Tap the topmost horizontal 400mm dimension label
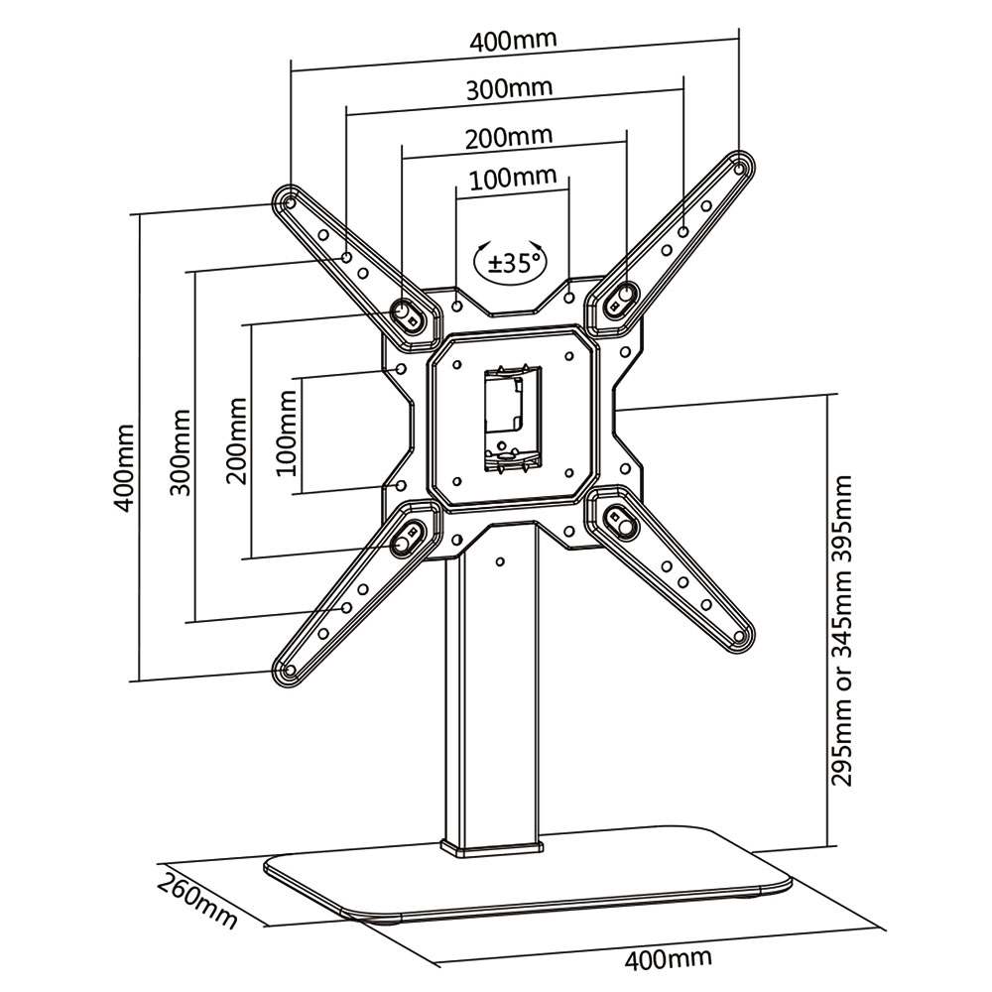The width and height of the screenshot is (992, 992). pos(514,43)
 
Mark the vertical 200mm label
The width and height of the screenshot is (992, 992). pos(236,439)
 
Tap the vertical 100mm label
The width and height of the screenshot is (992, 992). pos(287,433)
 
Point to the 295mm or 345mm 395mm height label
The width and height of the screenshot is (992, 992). pos(842,631)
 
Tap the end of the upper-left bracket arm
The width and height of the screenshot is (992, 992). pos(287,202)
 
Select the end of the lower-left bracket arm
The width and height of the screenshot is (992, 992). pos(287,672)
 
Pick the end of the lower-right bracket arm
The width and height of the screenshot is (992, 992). pos(739,636)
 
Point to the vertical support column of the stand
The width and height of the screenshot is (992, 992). pos(492,694)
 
